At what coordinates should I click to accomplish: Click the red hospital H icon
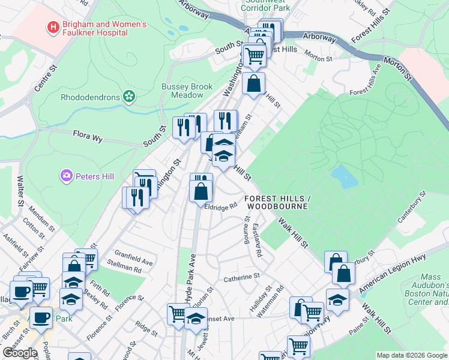(53, 27)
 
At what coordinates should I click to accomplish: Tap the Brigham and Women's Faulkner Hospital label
(105, 28)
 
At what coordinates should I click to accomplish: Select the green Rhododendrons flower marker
(128, 96)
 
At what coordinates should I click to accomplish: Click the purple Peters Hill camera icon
(66, 176)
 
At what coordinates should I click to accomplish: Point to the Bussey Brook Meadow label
(187, 91)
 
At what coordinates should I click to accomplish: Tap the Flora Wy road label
(88, 136)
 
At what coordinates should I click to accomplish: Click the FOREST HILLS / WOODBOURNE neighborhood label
(276, 202)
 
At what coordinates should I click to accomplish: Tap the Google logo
(20, 353)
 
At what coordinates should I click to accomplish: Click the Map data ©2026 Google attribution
(412, 355)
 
